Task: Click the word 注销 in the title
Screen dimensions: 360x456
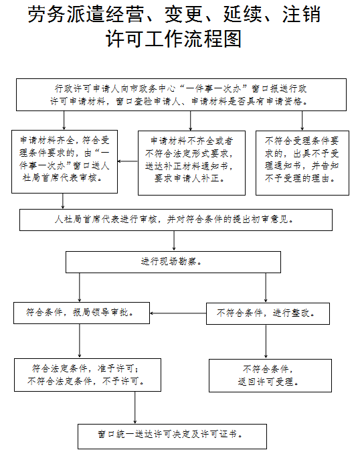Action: (301, 14)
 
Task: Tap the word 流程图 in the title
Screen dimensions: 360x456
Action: (212, 39)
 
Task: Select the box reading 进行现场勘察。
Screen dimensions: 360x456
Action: (173, 262)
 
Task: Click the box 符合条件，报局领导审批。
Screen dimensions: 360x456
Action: (82, 313)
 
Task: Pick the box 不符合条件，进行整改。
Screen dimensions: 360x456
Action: (268, 313)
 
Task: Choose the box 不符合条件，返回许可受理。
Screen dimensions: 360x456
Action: (270, 376)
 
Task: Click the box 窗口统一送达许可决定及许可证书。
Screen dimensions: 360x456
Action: (172, 436)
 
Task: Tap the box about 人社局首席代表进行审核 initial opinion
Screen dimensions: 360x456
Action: (176, 220)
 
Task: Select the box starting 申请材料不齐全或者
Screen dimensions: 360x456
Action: (191, 163)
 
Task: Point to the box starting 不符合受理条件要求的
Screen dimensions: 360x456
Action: (302, 163)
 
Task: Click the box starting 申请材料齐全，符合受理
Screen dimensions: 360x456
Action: (64, 161)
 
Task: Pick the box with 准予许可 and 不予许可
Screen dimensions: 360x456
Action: (88, 375)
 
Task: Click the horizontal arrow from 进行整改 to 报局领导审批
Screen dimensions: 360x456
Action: (178, 313)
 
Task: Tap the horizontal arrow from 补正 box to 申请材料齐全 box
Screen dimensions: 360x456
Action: (128, 161)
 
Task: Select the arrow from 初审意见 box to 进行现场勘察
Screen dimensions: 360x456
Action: (174, 241)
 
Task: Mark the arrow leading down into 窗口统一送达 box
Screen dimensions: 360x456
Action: (134, 408)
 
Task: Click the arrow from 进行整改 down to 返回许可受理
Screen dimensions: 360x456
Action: (266, 341)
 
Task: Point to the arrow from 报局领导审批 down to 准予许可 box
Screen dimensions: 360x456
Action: (80, 341)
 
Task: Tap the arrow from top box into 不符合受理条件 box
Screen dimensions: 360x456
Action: (302, 121)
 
